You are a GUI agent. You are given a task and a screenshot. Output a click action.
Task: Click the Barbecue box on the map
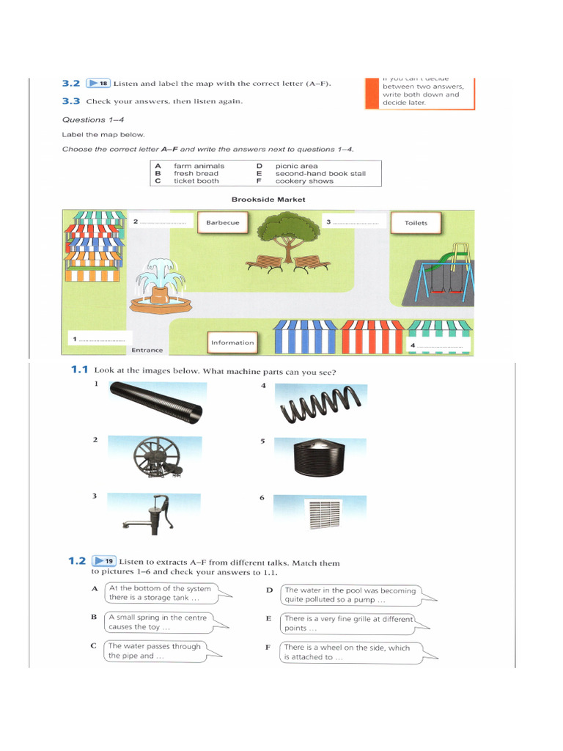(x=223, y=222)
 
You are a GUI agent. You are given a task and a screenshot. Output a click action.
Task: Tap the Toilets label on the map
(x=416, y=223)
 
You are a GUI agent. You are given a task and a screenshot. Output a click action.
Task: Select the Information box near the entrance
(x=232, y=342)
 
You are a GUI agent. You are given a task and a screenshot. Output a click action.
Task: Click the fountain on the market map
(x=160, y=285)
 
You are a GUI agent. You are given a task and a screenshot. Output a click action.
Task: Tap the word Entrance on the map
(x=147, y=350)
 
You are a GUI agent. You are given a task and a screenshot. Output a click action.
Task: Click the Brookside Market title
(x=268, y=199)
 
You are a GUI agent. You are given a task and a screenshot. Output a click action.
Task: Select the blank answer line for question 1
(x=102, y=340)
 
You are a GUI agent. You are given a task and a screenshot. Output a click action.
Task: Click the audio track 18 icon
(x=97, y=84)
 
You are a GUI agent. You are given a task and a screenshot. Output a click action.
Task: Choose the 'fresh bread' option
(x=196, y=174)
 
